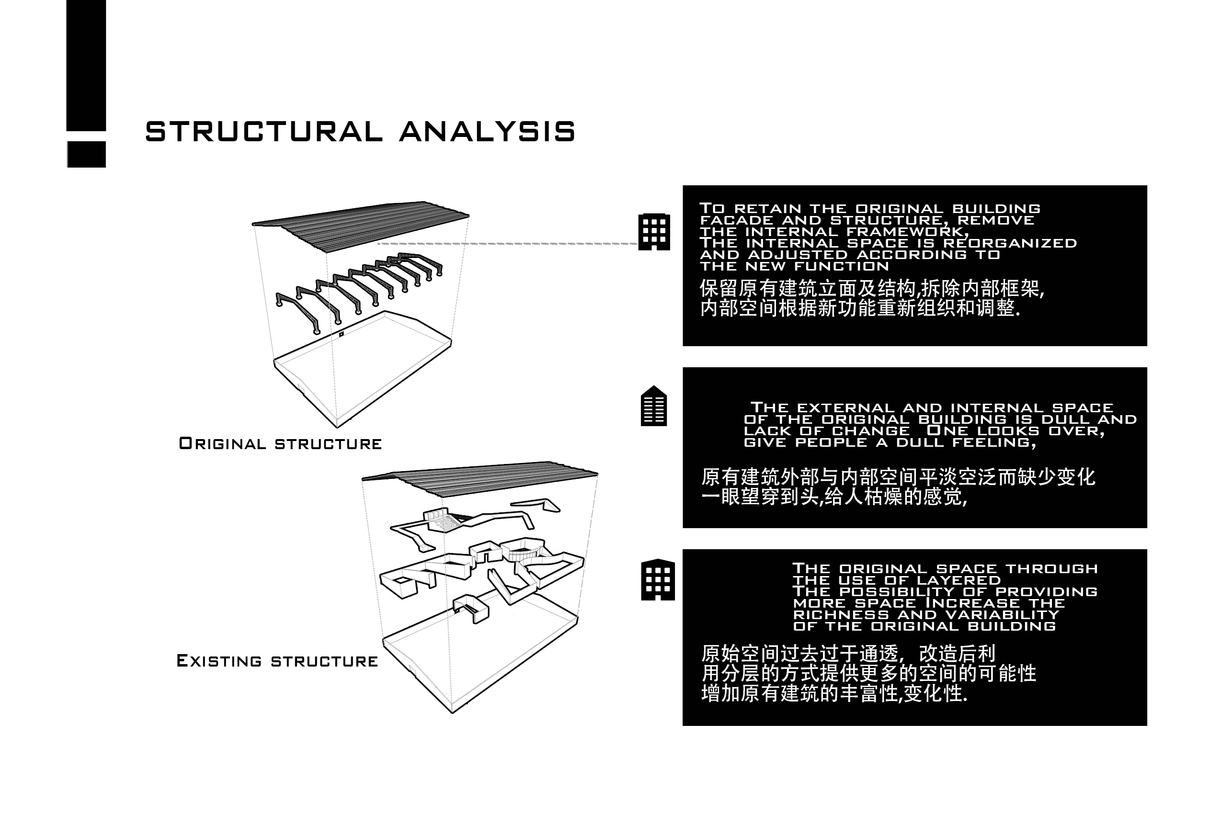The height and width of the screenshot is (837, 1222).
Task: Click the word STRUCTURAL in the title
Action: tap(264, 131)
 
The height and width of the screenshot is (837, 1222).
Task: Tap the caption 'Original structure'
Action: tap(280, 444)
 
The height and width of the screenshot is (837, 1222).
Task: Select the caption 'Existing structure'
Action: tap(277, 661)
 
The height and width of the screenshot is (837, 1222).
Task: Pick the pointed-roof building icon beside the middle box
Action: tap(653, 406)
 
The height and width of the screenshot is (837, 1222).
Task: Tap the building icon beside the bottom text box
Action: tap(658, 579)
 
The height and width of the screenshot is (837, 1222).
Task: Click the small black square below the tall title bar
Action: tap(86, 154)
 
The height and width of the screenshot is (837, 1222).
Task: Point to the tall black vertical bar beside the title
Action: tap(86, 65)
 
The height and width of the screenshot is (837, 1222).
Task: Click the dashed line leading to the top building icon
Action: tap(508, 244)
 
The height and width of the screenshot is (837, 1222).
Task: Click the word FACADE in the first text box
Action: tap(736, 220)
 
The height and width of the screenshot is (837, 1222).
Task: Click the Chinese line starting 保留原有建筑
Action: tap(872, 289)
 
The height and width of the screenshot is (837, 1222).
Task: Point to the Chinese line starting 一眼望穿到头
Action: tap(834, 497)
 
